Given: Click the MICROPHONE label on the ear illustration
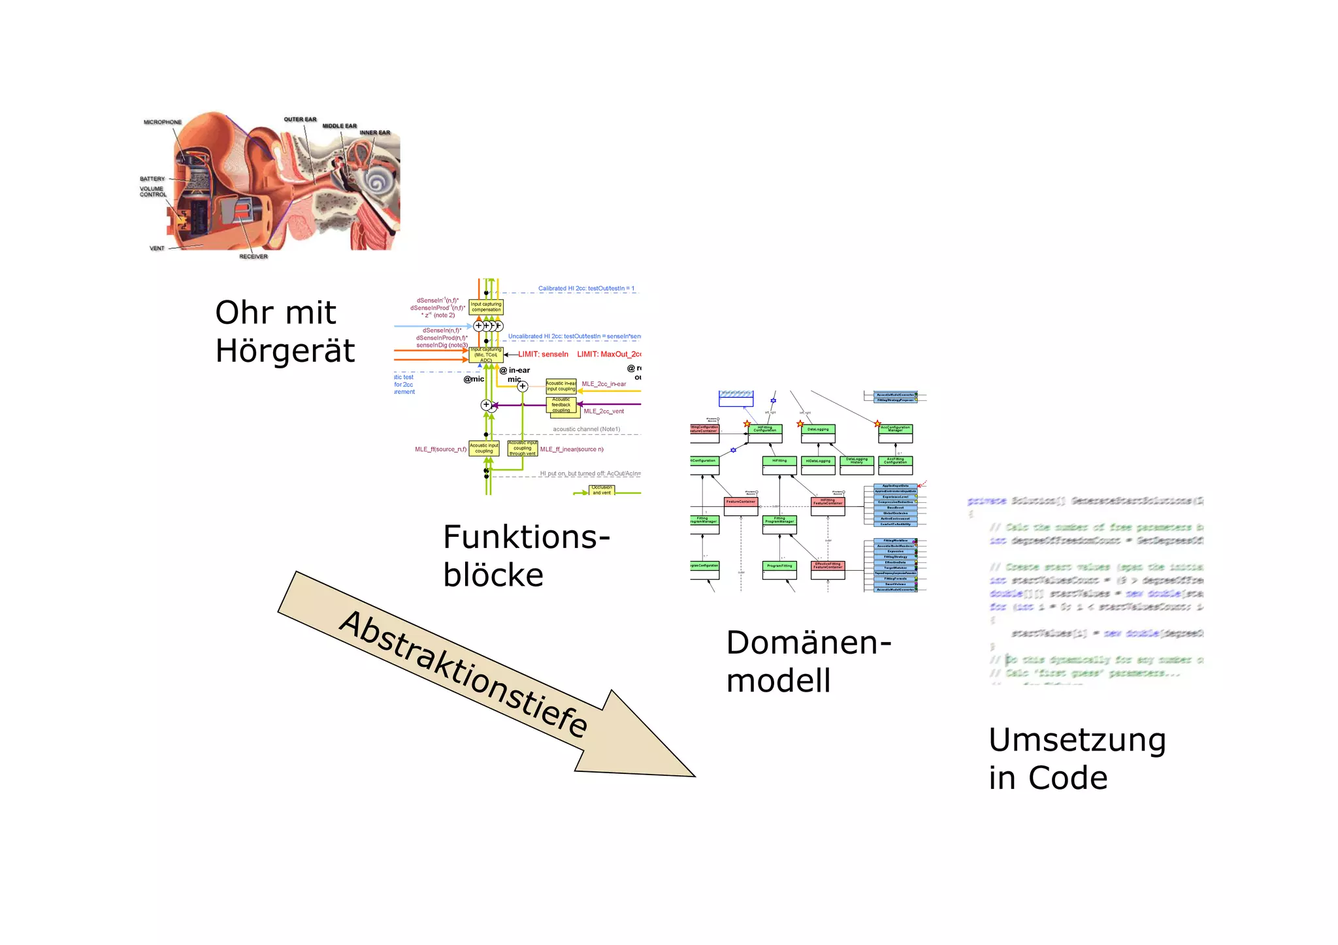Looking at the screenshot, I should point(163,122).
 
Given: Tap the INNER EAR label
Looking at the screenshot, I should point(374,133).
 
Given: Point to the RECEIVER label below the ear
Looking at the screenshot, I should point(253,257).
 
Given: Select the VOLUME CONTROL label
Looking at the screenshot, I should point(153,191).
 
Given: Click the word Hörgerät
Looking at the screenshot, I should point(285,351).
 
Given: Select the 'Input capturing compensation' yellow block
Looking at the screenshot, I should point(486,307).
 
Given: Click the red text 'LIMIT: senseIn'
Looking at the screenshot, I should point(543,354).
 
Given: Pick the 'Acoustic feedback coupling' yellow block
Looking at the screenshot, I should point(561,405).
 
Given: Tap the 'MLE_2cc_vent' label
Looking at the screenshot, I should point(604,411).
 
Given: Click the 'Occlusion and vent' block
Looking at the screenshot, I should point(602,490).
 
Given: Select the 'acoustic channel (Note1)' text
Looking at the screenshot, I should point(586,429).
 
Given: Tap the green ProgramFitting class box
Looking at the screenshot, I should point(779,569).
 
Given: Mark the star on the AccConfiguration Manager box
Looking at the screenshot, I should point(877,424).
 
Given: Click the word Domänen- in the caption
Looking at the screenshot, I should point(808,643).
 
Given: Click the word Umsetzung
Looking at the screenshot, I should point(1077,740).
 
